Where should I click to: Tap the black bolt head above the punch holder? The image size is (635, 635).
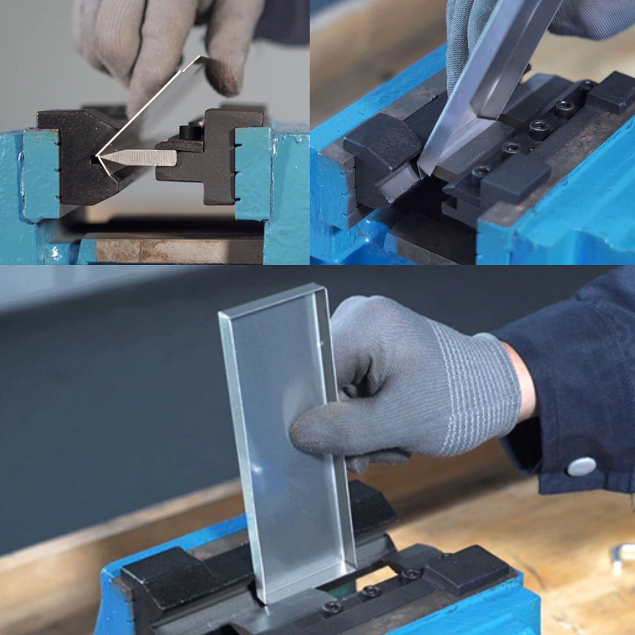pos(189,131)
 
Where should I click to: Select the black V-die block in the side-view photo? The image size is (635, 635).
pos(73,157)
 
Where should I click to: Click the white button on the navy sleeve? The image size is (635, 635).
pos(582,466)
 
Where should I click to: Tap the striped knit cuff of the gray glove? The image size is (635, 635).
pos(471,398)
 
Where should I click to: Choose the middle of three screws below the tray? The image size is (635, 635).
pos(371,592)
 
